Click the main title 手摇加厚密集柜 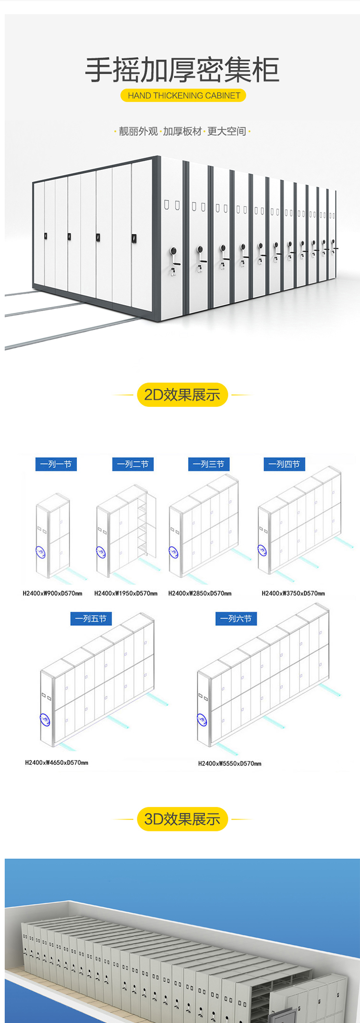(x=182, y=70)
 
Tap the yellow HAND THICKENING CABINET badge (x=183, y=95)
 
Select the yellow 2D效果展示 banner (x=182, y=395)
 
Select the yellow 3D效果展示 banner (x=182, y=819)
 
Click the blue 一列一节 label (x=56, y=464)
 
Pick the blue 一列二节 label (x=133, y=464)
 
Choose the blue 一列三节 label (x=209, y=464)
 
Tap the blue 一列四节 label (x=285, y=464)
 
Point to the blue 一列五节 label (x=91, y=619)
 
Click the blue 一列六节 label (x=236, y=619)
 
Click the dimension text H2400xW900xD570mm (x=52, y=594)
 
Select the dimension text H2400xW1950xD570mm (x=126, y=594)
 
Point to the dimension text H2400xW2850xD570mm (x=200, y=594)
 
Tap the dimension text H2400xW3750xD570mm (x=293, y=594)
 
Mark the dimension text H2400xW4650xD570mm (x=57, y=762)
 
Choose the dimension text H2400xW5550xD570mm (x=230, y=763)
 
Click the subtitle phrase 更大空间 (x=227, y=131)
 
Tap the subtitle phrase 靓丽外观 (x=138, y=131)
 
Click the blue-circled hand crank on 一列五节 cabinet (x=46, y=720)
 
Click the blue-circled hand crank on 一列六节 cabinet (x=202, y=720)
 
